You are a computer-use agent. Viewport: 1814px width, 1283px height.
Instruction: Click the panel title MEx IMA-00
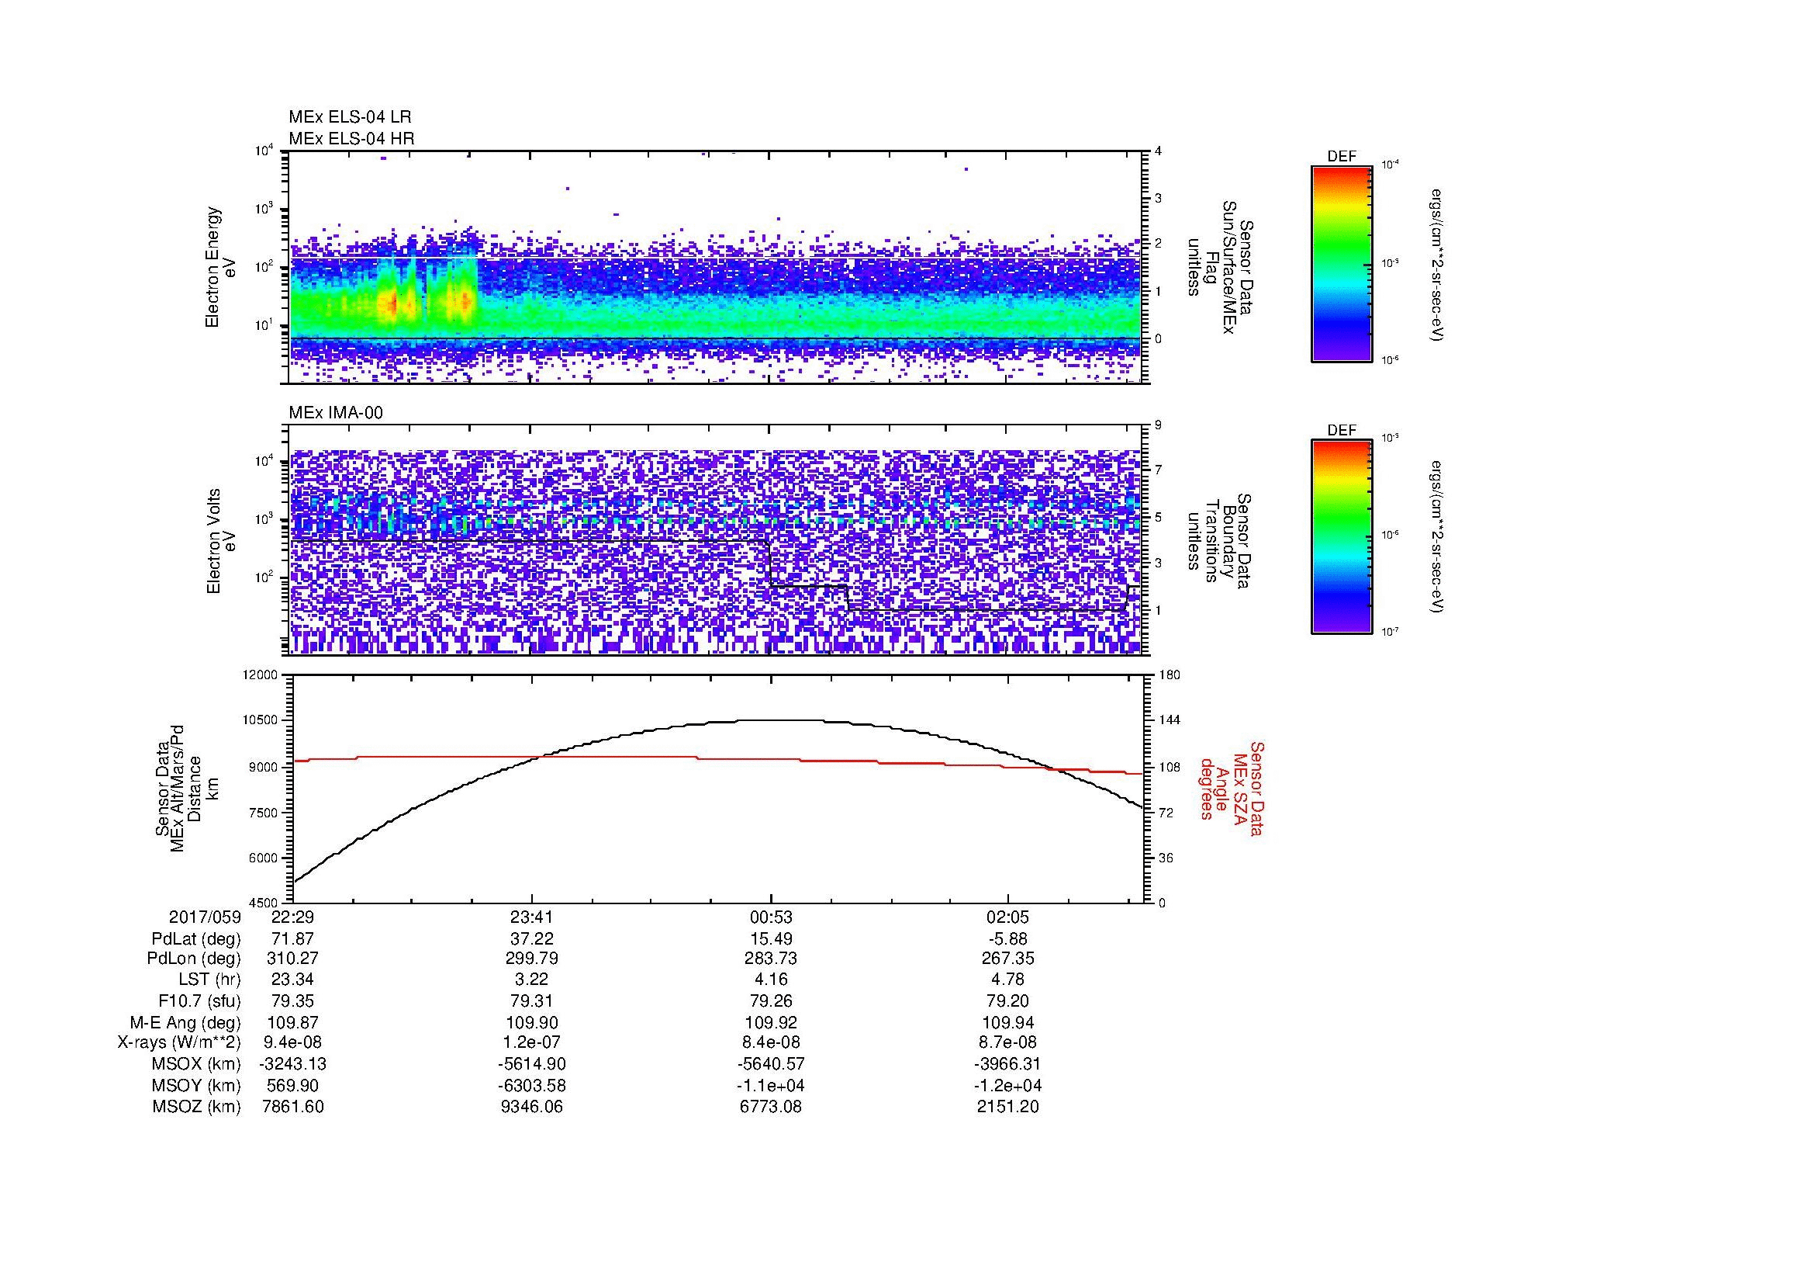[335, 412]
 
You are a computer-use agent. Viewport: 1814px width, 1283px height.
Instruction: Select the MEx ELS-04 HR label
[351, 138]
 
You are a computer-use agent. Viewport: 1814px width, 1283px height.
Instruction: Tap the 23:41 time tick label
[532, 917]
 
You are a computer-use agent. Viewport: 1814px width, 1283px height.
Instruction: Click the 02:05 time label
[1008, 917]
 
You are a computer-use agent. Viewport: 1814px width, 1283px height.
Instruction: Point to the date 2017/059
[205, 917]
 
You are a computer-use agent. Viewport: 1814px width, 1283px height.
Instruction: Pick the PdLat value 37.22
[532, 938]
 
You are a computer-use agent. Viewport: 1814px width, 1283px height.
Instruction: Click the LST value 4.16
[771, 980]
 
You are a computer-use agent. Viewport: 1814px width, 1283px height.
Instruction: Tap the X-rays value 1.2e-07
[532, 1042]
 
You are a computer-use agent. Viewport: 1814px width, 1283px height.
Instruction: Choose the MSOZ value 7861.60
[293, 1107]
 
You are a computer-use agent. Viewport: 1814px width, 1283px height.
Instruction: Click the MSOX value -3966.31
[1008, 1064]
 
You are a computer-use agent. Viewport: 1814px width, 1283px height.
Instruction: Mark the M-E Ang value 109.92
[771, 1022]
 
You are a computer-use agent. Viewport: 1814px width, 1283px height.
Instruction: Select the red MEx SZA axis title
[1231, 789]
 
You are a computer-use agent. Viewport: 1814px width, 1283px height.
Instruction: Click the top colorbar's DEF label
[1342, 157]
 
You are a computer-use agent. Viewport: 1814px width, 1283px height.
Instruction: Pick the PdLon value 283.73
[771, 959]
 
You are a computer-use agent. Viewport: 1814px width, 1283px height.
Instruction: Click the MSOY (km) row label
[197, 1085]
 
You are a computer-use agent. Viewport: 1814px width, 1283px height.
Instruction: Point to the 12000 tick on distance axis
[261, 675]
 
